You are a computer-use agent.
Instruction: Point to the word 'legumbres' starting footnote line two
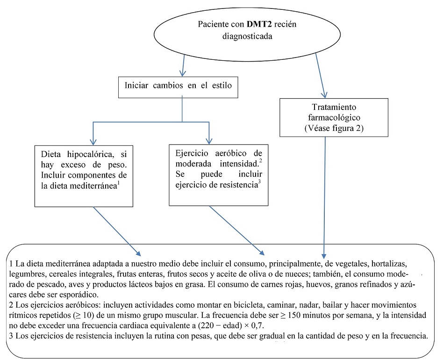pos(28,274)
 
